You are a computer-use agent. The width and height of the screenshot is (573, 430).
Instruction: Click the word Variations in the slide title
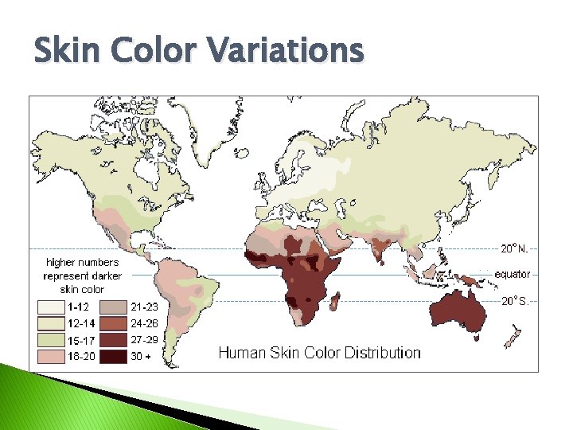[x=286, y=53]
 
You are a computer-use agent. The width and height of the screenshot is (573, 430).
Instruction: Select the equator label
[x=512, y=275]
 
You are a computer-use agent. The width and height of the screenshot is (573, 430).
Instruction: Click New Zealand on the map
[x=513, y=338]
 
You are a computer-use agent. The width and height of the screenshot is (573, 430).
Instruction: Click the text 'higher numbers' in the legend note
[x=82, y=262]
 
